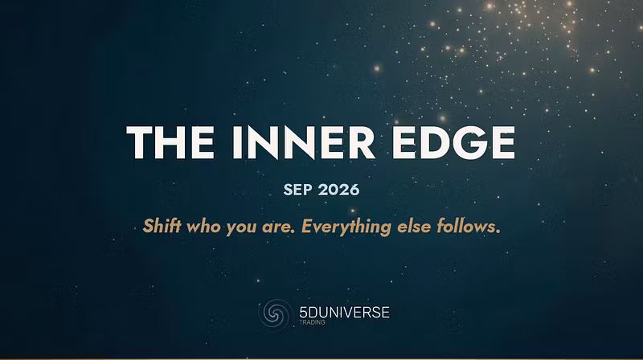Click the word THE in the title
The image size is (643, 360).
170,142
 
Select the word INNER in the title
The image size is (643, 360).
304,142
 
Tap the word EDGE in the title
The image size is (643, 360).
453,142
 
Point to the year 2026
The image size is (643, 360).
338,190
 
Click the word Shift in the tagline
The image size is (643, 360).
162,226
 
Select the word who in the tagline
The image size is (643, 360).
203,226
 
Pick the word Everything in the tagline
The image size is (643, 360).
346,227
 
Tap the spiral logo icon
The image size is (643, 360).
274,313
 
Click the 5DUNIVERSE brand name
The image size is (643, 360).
344,313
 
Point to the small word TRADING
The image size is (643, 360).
312,322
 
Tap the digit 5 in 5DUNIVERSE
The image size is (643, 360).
303,313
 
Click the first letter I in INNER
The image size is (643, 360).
237,142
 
